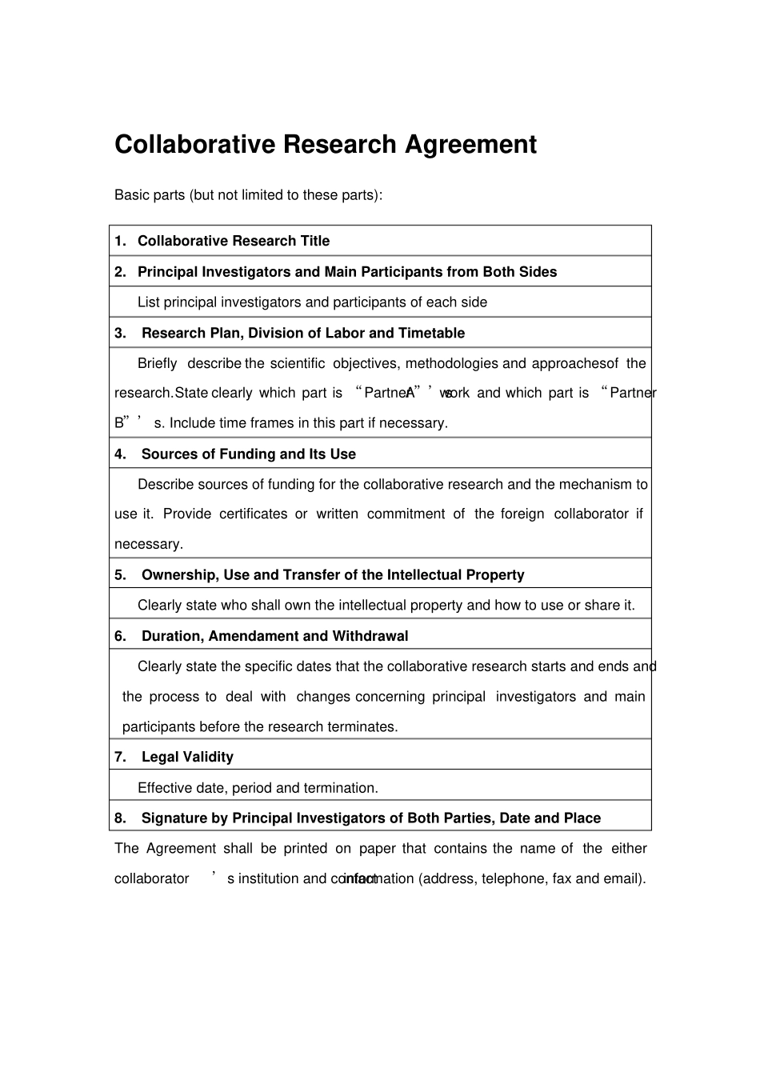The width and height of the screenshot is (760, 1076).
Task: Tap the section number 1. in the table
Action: point(120,241)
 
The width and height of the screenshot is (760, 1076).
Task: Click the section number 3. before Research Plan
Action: point(120,333)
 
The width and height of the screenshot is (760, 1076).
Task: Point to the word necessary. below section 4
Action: point(149,544)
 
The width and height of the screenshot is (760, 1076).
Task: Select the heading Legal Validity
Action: point(187,757)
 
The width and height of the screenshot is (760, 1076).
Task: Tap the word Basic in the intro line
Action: point(131,195)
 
